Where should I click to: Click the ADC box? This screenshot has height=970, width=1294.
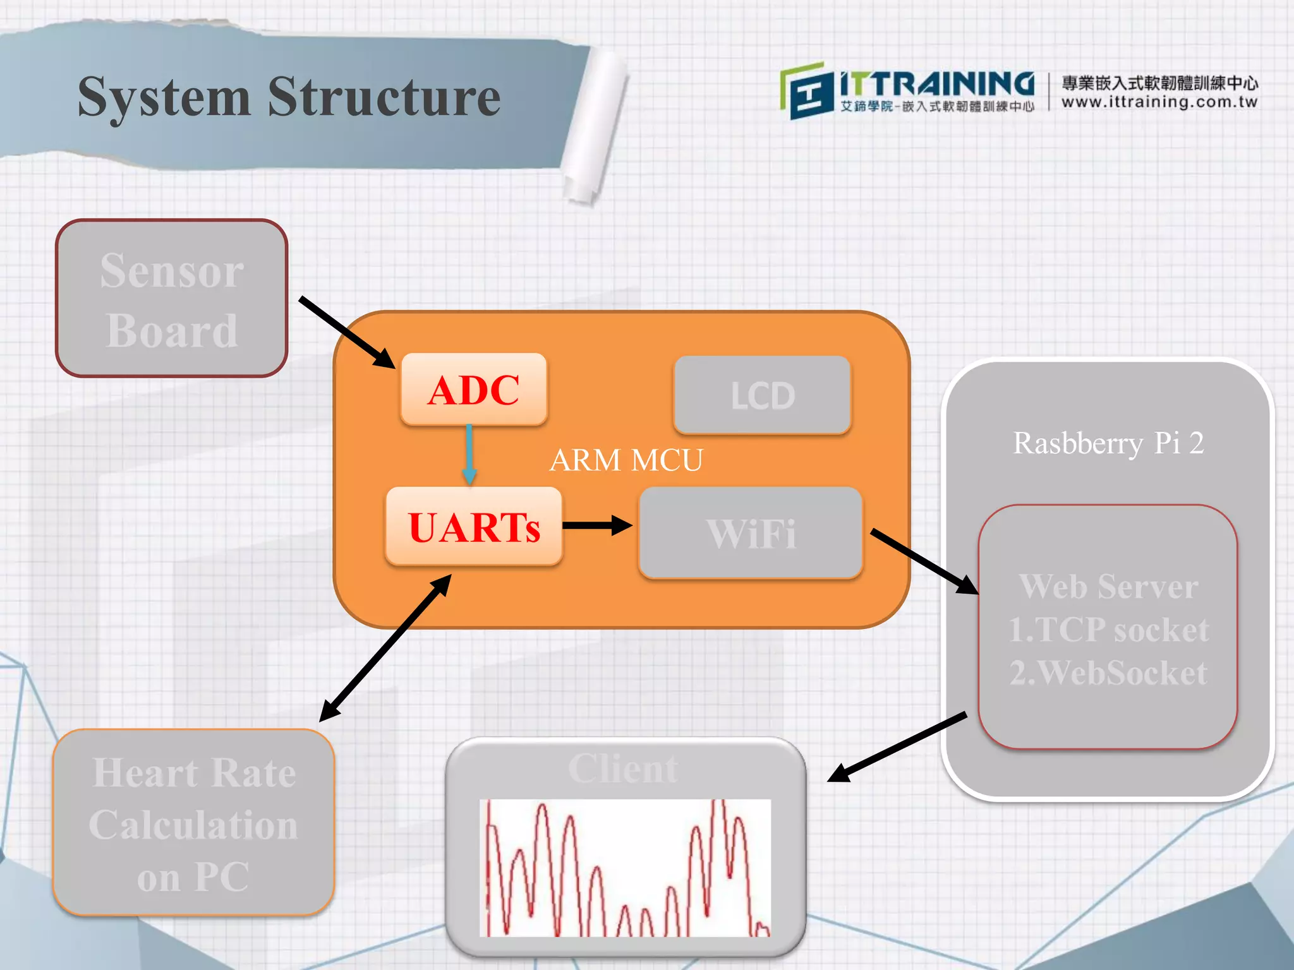(474, 390)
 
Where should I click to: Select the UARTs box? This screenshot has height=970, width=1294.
(474, 527)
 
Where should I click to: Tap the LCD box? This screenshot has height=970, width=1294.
(762, 395)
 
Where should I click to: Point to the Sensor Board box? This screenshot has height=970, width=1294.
(172, 299)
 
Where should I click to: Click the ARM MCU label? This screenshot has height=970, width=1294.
(626, 460)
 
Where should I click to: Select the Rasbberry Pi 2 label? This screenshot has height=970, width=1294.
(1108, 443)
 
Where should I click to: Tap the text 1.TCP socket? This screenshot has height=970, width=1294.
(1108, 630)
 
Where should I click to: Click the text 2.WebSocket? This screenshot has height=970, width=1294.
(1108, 672)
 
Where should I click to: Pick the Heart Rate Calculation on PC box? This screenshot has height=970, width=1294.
(193, 823)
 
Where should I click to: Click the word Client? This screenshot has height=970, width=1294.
(623, 769)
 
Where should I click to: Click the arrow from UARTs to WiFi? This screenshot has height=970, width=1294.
(596, 525)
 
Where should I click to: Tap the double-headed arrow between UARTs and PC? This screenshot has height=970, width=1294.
(385, 648)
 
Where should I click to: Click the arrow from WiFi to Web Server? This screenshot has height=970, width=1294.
(924, 561)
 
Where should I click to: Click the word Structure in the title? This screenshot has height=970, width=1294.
(384, 97)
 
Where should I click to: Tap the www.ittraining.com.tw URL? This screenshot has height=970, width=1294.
(1159, 102)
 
